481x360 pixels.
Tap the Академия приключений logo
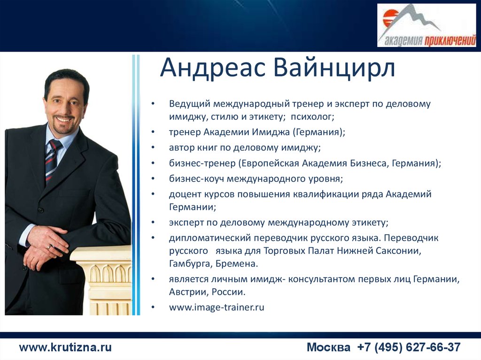pyautogui.click(x=427, y=25)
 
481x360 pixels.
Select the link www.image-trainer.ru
pyautogui.click(x=217, y=307)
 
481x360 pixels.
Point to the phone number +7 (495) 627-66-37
pyautogui.click(x=409, y=347)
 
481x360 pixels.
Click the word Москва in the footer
pyautogui.click(x=328, y=347)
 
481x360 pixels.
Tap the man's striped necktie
pyautogui.click(x=52, y=160)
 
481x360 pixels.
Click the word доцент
pyautogui.click(x=185, y=194)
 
